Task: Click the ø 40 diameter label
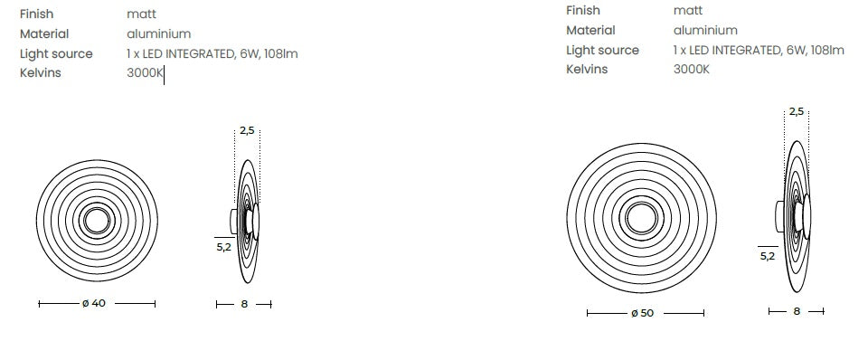(x=93, y=303)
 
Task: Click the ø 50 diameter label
(x=642, y=313)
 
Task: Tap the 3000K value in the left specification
(x=144, y=73)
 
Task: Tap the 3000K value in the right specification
(x=691, y=70)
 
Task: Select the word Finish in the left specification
(x=36, y=14)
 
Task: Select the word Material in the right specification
(x=590, y=31)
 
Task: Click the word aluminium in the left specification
(x=159, y=33)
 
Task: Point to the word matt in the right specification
(x=688, y=11)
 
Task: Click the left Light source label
(x=56, y=54)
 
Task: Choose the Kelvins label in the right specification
(x=587, y=70)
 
